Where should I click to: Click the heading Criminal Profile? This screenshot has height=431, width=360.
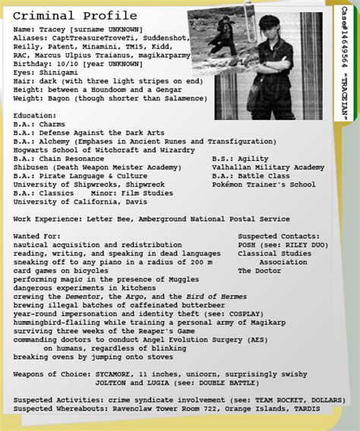pos(75,16)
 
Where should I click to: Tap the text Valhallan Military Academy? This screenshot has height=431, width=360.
pos(268,167)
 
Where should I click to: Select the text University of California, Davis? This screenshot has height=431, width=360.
pos(75,202)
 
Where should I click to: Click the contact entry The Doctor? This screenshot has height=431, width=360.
pos(260,271)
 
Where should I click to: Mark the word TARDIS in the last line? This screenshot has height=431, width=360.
pos(305,409)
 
